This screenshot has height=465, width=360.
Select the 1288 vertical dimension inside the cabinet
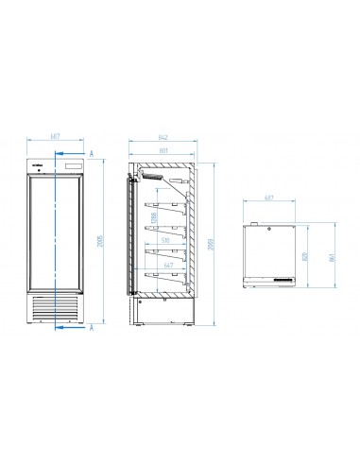pyautogui.click(x=153, y=219)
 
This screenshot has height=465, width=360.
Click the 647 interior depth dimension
pyautogui.click(x=168, y=267)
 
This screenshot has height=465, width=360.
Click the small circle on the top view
pyautogui.click(x=268, y=227)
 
